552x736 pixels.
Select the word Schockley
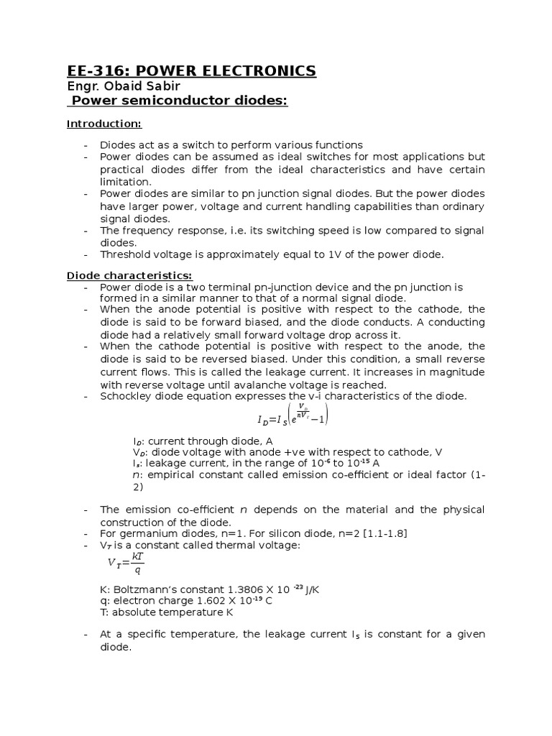126,396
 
